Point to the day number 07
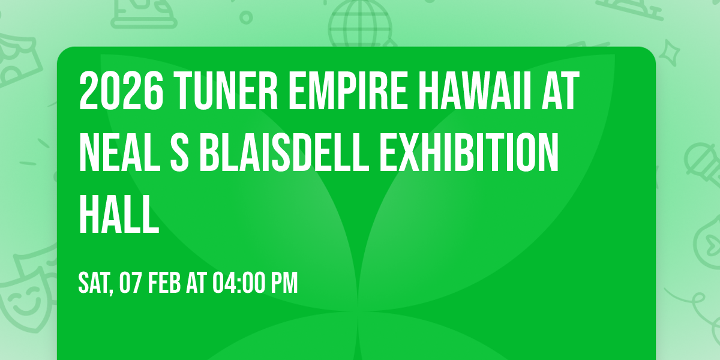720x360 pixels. pyautogui.click(x=133, y=283)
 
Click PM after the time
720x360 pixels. pyautogui.click(x=285, y=283)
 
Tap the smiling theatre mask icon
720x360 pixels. pyautogui.click(x=24, y=300)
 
